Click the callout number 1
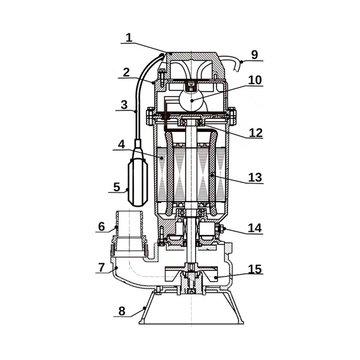click(129, 38)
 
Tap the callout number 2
click(126, 73)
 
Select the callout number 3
click(124, 105)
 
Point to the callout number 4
click(121, 145)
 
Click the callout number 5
click(117, 187)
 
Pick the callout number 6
click(102, 227)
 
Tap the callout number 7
click(101, 267)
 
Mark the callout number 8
click(122, 311)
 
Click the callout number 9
click(255, 55)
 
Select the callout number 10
click(255, 80)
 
